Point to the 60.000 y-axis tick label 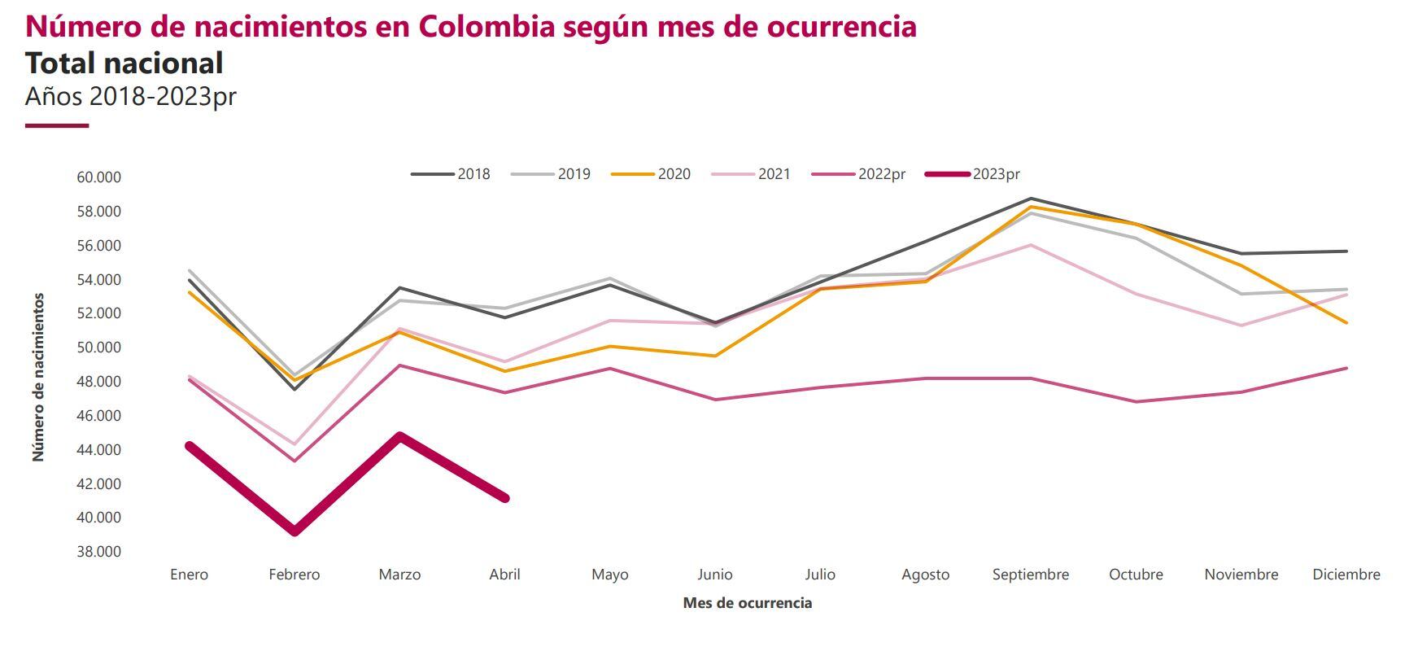tap(98, 177)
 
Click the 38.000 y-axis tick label tap(98, 552)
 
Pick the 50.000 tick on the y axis tap(98, 348)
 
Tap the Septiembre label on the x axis tap(1030, 575)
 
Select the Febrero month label tap(295, 575)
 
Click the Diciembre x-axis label tap(1346, 575)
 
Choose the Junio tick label tap(714, 575)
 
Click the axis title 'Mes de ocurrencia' tap(747, 603)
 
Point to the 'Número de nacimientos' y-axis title tap(38, 378)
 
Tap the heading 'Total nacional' tap(124, 63)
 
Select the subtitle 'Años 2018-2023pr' tap(130, 96)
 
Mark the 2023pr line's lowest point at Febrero tap(295, 531)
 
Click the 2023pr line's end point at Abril tap(504, 498)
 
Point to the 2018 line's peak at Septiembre tap(1031, 199)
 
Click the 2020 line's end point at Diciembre tap(1346, 323)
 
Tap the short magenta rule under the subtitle tap(57, 125)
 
